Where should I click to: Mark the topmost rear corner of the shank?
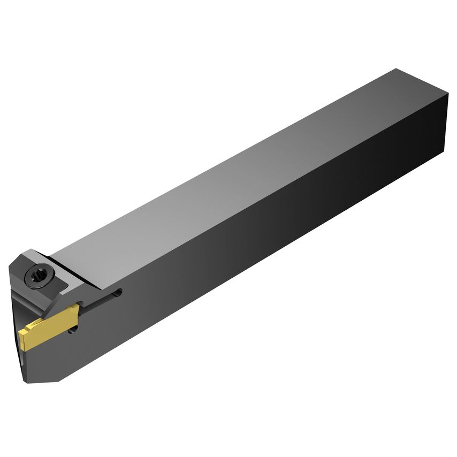(396, 69)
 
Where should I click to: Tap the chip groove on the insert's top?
(48, 320)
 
